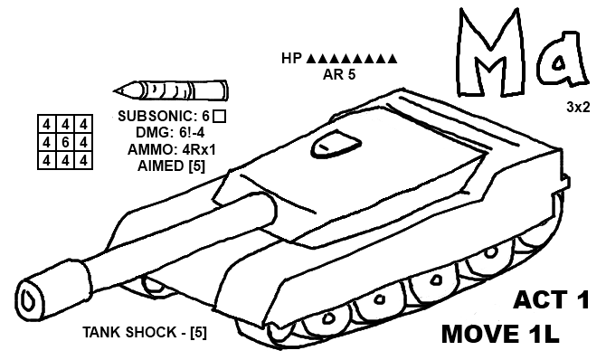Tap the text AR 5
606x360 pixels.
(339, 75)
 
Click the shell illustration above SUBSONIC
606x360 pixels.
(172, 90)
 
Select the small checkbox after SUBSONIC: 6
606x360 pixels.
(219, 116)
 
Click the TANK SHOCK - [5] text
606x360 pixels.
(145, 332)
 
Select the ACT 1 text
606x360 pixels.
(551, 300)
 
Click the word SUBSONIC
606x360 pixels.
(156, 116)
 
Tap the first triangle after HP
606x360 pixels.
(312, 60)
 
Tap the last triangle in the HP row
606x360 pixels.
(393, 60)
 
